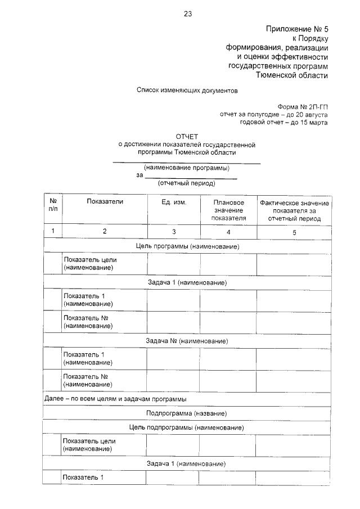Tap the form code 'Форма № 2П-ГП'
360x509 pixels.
point(302,106)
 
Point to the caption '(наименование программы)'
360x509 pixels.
point(187,168)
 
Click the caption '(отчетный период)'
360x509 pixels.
point(187,183)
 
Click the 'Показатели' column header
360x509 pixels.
point(105,201)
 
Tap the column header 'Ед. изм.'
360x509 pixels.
point(173,202)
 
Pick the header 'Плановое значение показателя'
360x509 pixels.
point(228,210)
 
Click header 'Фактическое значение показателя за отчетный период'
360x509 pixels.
point(294,210)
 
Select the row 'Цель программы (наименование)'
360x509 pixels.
point(187,246)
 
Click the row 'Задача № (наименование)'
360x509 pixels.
point(187,341)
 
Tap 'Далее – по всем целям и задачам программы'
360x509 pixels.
point(115,399)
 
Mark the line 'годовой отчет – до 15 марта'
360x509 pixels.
point(283,121)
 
